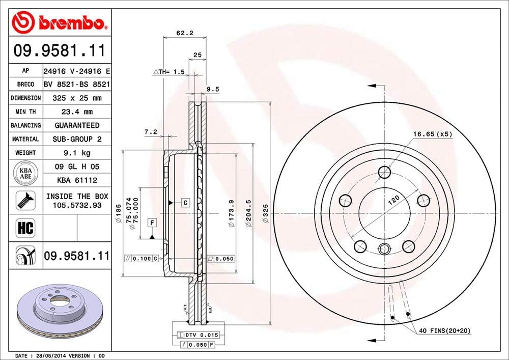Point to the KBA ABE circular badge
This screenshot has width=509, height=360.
coord(25,173)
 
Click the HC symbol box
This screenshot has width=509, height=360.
coord(25,228)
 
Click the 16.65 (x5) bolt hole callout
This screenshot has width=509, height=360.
coord(432,134)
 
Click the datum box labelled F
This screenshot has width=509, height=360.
coord(152,221)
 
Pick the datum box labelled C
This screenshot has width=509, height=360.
coord(185,203)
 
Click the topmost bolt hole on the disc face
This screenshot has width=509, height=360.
coord(385,172)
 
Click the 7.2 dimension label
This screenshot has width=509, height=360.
coord(151,132)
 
